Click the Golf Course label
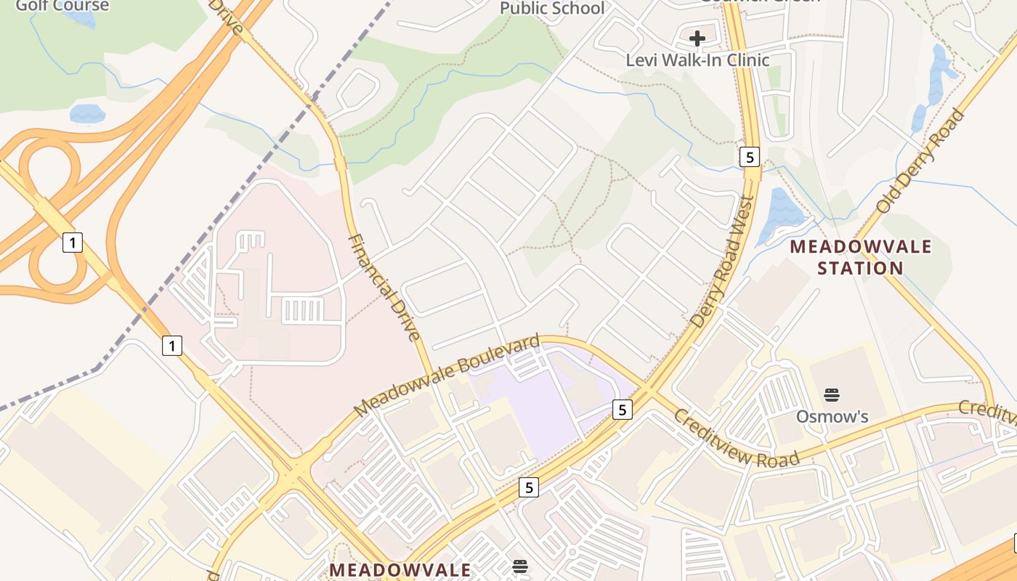coord(62,6)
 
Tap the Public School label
coord(552,9)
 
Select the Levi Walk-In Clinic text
coord(697,60)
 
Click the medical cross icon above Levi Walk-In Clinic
coord(697,38)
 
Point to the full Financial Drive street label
coord(384,287)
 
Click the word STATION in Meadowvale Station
coord(860,268)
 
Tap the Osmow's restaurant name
coord(832,417)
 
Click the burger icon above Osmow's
coord(832,396)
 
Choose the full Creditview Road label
coord(737,438)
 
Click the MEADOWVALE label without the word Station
coord(400,569)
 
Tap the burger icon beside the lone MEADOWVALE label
coord(519,566)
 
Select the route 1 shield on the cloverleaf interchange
coord(72,242)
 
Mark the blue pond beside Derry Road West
coord(779,215)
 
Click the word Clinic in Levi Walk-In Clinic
coord(743,60)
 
